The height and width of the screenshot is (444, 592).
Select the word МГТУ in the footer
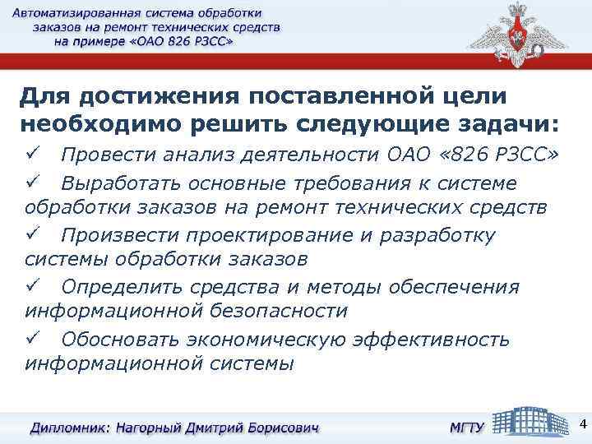tap(465, 428)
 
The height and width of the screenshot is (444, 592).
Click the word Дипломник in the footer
tap(69, 428)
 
